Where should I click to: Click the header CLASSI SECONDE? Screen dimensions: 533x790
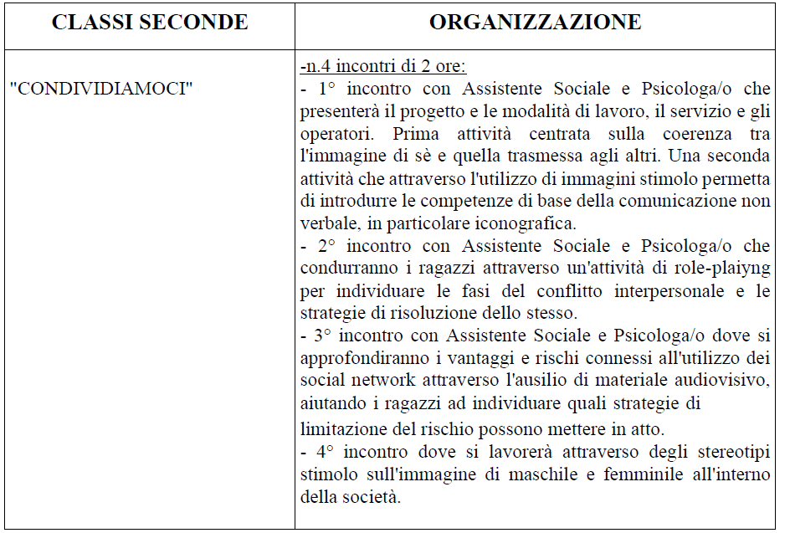coord(150,23)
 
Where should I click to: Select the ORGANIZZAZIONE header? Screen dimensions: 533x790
coord(536,23)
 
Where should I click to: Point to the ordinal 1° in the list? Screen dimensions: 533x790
coord(327,89)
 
